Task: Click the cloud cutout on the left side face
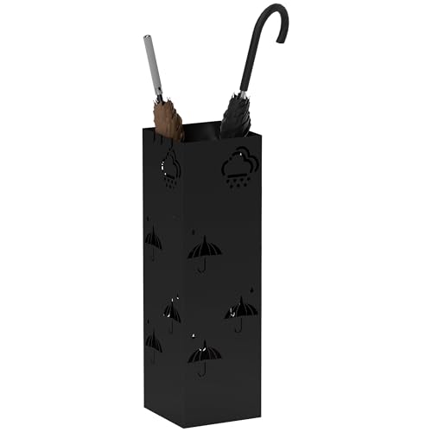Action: (170, 163)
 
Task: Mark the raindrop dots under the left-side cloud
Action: (172, 183)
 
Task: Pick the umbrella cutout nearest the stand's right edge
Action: (241, 308)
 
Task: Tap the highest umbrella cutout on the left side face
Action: (153, 238)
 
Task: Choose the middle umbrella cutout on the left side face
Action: (171, 311)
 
